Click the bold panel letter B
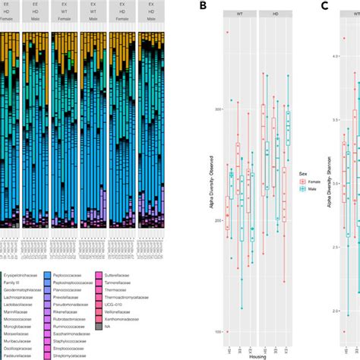click(201, 6)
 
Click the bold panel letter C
click(324, 6)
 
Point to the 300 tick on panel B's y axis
click(221, 109)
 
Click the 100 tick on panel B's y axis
click(221, 332)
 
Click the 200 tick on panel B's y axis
click(221, 221)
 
